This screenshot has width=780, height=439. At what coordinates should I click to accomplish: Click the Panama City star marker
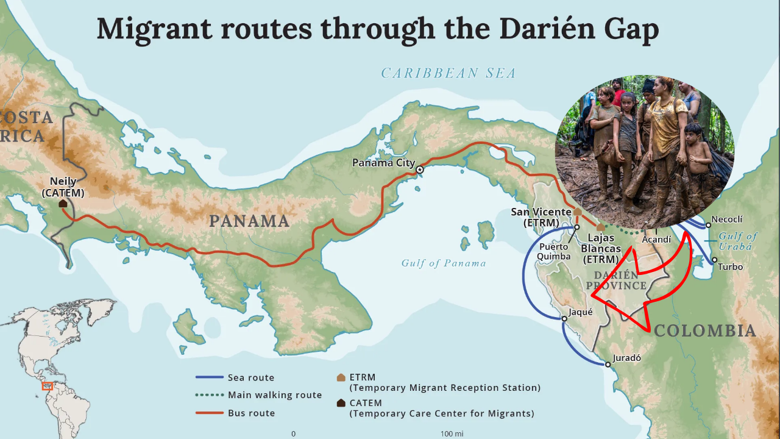pos(419,170)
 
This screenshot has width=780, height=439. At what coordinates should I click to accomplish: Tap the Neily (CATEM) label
pos(63,187)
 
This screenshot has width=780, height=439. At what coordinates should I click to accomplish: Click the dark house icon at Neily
pos(63,203)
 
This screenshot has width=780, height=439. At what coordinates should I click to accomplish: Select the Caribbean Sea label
pos(448,74)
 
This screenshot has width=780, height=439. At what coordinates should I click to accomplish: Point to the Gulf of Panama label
pos(444,263)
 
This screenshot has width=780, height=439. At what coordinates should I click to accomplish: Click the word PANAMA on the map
pos(249,221)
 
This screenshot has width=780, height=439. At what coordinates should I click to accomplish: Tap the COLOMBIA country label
pos(705,331)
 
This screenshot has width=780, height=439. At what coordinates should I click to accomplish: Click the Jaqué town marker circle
pos(565,318)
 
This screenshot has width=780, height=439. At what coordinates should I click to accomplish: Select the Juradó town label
pos(626,358)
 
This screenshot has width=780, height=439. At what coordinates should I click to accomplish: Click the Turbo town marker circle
pos(715,260)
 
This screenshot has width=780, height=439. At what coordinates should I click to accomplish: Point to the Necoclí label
pos(727,220)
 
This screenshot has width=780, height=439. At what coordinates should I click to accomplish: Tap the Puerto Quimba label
pos(553,252)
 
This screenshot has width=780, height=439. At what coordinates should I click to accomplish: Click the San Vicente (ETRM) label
pos(541,218)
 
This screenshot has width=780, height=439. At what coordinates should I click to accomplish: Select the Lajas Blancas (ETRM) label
pos(601,249)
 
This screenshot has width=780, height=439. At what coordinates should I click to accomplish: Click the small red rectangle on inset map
pos(47,386)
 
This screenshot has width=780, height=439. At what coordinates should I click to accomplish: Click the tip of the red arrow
pos(593,296)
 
